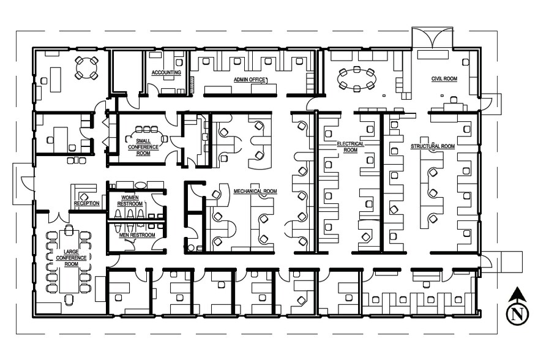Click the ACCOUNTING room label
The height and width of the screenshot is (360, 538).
tap(166, 73)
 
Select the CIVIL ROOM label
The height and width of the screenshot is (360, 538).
tap(444, 78)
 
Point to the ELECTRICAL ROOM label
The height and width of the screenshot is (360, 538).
tap(350, 146)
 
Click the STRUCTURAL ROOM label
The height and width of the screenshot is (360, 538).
tap(432, 146)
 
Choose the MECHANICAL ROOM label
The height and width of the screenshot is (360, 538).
tap(255, 191)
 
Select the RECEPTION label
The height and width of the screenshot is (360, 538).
tap(86, 203)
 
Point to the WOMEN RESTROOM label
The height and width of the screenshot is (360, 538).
tap(130, 201)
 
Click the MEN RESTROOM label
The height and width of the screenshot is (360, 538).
tap(136, 235)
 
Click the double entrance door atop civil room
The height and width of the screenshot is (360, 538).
tap(433, 38)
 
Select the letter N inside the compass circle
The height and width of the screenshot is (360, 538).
tap(517, 315)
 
